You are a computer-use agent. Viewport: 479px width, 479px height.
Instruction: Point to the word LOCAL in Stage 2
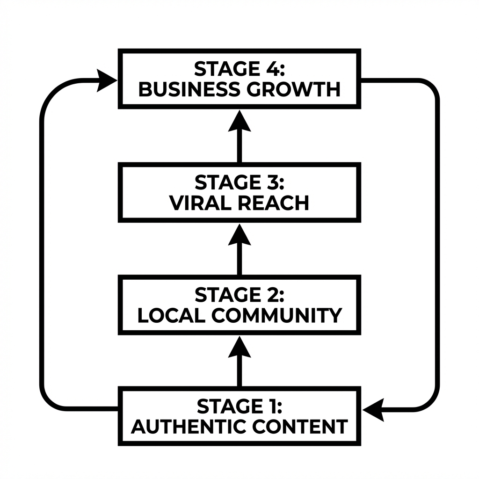point(171,316)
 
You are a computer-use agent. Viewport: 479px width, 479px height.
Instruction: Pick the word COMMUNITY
point(276,316)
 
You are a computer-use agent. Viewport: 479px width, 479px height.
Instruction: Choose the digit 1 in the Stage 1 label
point(269,406)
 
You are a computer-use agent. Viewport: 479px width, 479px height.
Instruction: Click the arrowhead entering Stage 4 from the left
point(106,80)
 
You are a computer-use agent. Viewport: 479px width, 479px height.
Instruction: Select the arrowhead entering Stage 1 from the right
point(374,410)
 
